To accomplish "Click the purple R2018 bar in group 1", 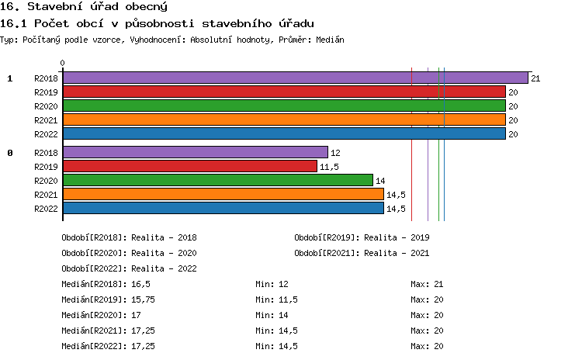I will [295, 78].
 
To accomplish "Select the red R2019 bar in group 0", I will [190, 166].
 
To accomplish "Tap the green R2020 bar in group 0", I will [217, 180].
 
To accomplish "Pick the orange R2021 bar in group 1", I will [284, 119].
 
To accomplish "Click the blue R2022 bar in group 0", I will [223, 208].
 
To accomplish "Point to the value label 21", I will [535, 78].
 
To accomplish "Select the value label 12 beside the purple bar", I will [335, 153].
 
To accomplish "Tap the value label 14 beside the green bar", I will [380, 181].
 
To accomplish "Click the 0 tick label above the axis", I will [63, 64].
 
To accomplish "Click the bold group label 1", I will [10, 78].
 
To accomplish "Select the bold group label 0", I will [10, 153].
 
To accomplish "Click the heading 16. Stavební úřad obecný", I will [73, 7].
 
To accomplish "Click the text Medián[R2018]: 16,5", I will [106, 284].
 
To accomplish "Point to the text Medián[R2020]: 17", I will [101, 315].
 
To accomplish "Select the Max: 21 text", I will [427, 284].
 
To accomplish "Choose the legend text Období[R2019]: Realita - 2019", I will [362, 237].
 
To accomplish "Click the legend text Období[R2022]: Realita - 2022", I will [129, 268].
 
